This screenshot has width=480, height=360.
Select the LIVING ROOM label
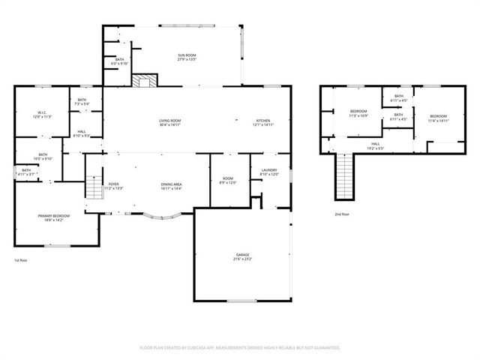point(169,122)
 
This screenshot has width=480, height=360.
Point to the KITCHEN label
point(263,122)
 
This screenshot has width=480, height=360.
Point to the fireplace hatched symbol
point(145,81)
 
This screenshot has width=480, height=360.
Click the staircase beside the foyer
point(94,186)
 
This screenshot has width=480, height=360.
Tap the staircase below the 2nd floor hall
point(343,177)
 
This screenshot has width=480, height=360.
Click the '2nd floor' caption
point(342,214)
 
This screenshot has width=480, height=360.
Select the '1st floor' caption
point(21,260)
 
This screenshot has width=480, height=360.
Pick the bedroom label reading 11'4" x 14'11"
point(438,118)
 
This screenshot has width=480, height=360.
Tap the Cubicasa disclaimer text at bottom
point(240,348)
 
